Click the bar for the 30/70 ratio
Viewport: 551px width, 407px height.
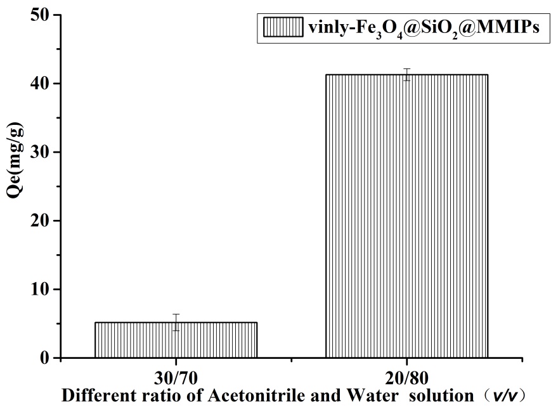(x=176, y=340)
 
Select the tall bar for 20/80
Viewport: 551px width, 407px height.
(x=406, y=216)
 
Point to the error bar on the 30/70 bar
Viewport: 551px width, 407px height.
(x=176, y=322)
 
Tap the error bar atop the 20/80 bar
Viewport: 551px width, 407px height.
(x=406, y=74)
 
